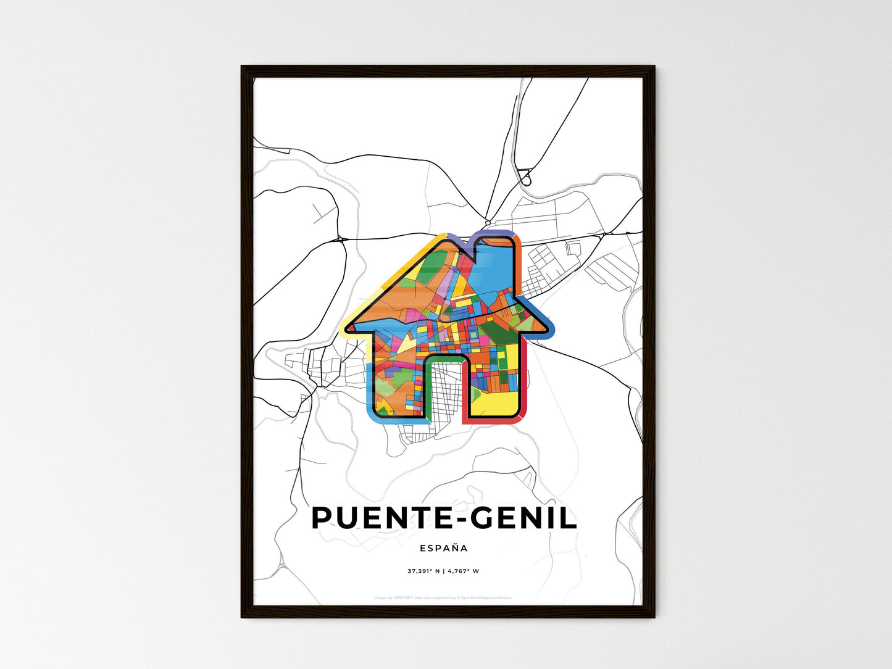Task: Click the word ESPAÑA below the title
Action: (444, 548)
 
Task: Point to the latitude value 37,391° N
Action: (423, 571)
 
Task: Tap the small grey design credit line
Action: (443, 597)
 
